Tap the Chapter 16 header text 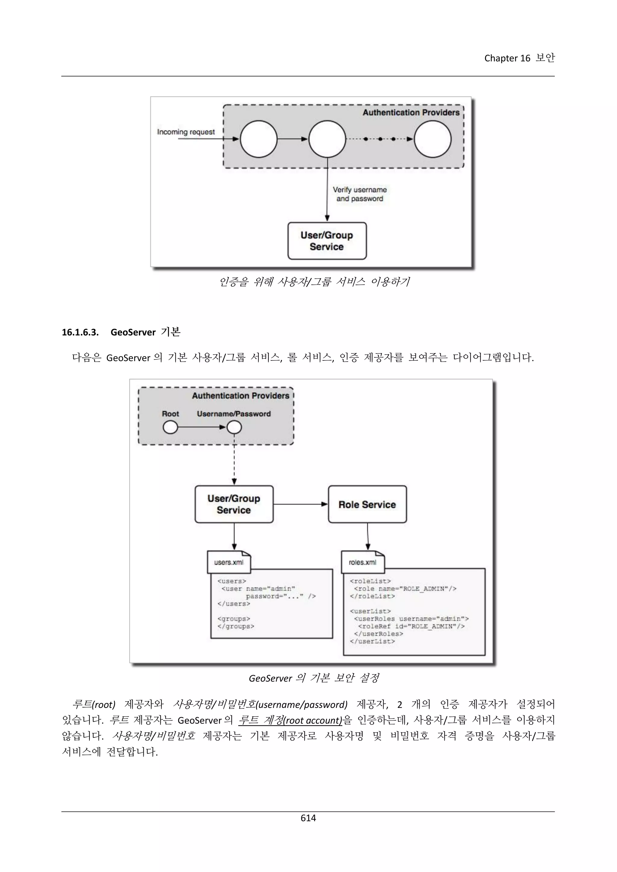point(519,58)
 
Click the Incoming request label point(186,132)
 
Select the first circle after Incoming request point(259,139)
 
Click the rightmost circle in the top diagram point(432,139)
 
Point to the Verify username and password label point(359,194)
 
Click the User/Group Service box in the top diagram point(327,241)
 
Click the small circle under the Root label point(170,428)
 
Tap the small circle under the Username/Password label point(234,428)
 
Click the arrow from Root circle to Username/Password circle point(201,427)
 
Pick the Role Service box point(367,504)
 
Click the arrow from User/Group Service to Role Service point(300,504)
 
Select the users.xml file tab point(229,562)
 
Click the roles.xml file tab point(362,562)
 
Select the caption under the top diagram point(314,282)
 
